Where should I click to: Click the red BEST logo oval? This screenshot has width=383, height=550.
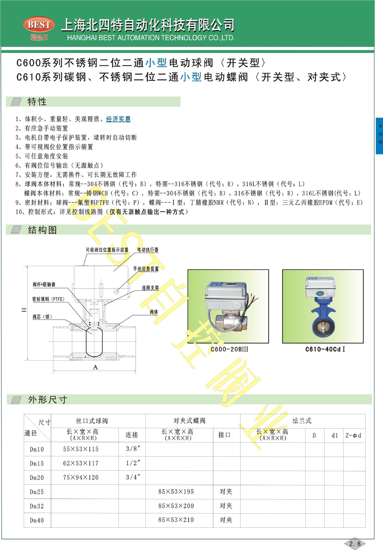coord(39,25)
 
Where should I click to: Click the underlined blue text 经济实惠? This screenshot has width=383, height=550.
coord(118,119)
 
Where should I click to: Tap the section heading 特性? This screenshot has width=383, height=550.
coord(37,102)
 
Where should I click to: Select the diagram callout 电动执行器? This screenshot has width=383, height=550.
coord(148,250)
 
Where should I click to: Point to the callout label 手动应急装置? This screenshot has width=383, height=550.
coord(146,269)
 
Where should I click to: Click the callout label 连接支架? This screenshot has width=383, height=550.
coord(150,288)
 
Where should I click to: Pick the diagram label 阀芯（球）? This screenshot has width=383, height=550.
coord(42,317)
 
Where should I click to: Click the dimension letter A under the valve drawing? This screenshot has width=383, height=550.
coord(95,367)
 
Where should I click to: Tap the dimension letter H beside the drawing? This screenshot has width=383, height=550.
coord(24,310)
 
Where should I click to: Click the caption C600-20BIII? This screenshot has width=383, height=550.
coord(229,349)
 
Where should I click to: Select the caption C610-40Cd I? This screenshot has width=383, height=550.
coord(325,349)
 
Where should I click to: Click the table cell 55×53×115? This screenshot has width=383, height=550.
coord(81,449)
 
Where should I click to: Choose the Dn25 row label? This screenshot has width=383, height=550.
coord(37,492)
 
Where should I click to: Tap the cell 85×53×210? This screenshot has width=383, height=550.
coord(176,520)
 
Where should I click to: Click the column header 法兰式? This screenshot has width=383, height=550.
coord(302,421)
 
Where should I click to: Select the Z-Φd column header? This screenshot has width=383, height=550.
coord(353,435)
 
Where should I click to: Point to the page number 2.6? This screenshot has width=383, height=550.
coord(355,543)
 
